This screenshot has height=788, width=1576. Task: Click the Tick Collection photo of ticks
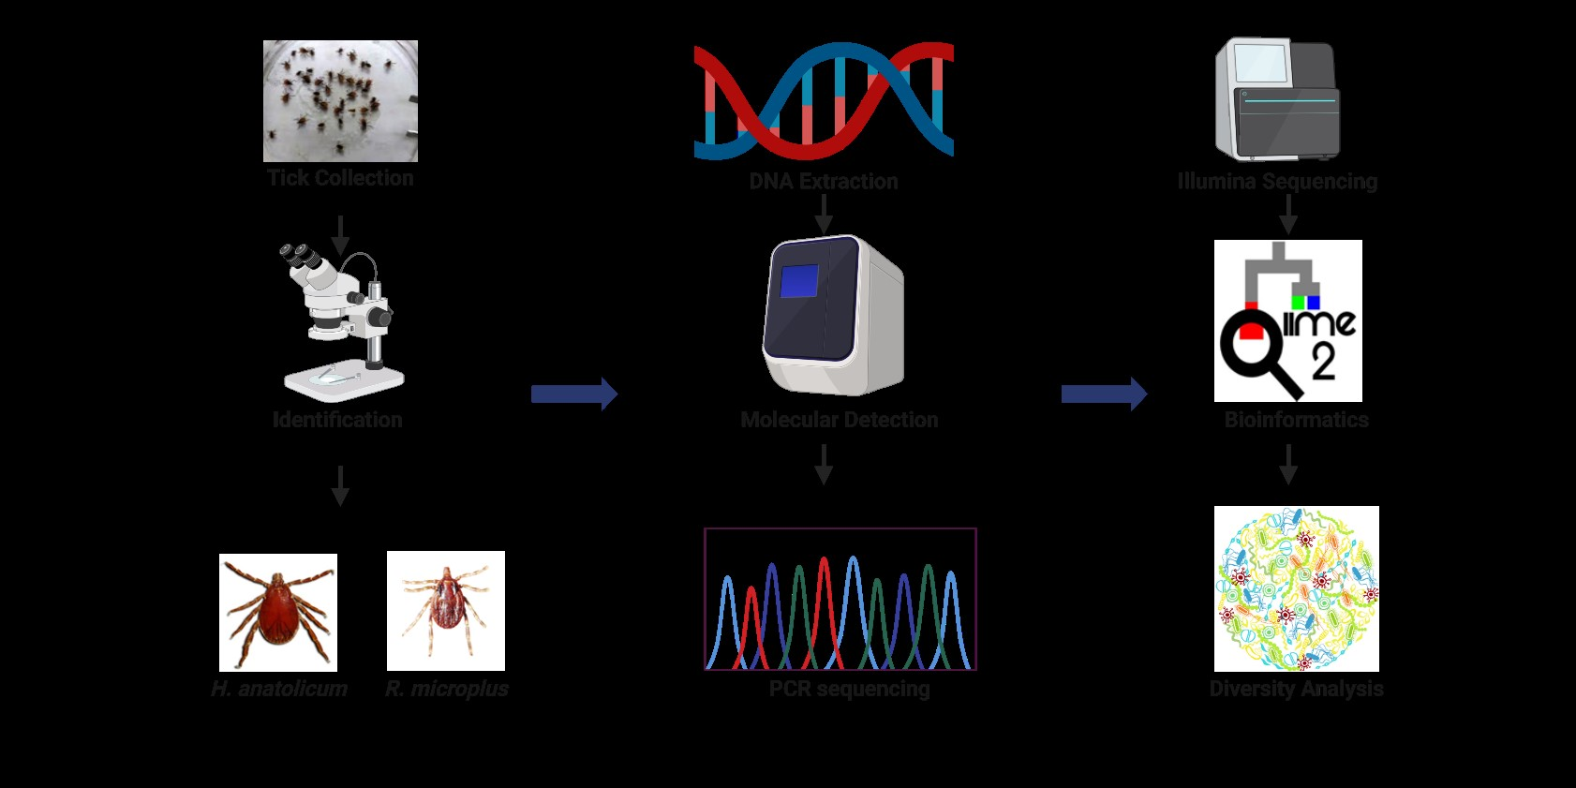(x=340, y=101)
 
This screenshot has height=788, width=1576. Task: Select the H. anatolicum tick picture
(x=278, y=612)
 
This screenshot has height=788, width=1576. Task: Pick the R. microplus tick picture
(x=446, y=610)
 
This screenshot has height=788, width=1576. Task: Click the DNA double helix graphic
(x=824, y=101)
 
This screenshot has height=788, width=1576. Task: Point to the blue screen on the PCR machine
(x=799, y=281)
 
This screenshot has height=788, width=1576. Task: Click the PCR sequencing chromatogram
(x=840, y=600)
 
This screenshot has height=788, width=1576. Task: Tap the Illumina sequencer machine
(x=1278, y=99)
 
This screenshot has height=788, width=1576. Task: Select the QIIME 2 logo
(x=1288, y=320)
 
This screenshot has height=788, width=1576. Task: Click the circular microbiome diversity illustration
(x=1297, y=588)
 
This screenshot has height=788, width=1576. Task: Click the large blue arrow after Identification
(x=573, y=394)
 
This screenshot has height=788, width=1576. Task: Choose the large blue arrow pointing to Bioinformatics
(x=1104, y=394)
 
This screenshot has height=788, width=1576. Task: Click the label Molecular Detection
(x=840, y=420)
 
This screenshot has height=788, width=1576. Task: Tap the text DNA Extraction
(x=824, y=182)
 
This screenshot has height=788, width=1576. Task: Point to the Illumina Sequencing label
(x=1278, y=182)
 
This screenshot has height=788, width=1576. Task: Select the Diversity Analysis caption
(x=1297, y=689)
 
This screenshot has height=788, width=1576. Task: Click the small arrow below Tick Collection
(x=340, y=234)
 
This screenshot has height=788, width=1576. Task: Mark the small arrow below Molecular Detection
(x=824, y=464)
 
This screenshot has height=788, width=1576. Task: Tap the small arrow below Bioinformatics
(x=1288, y=464)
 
